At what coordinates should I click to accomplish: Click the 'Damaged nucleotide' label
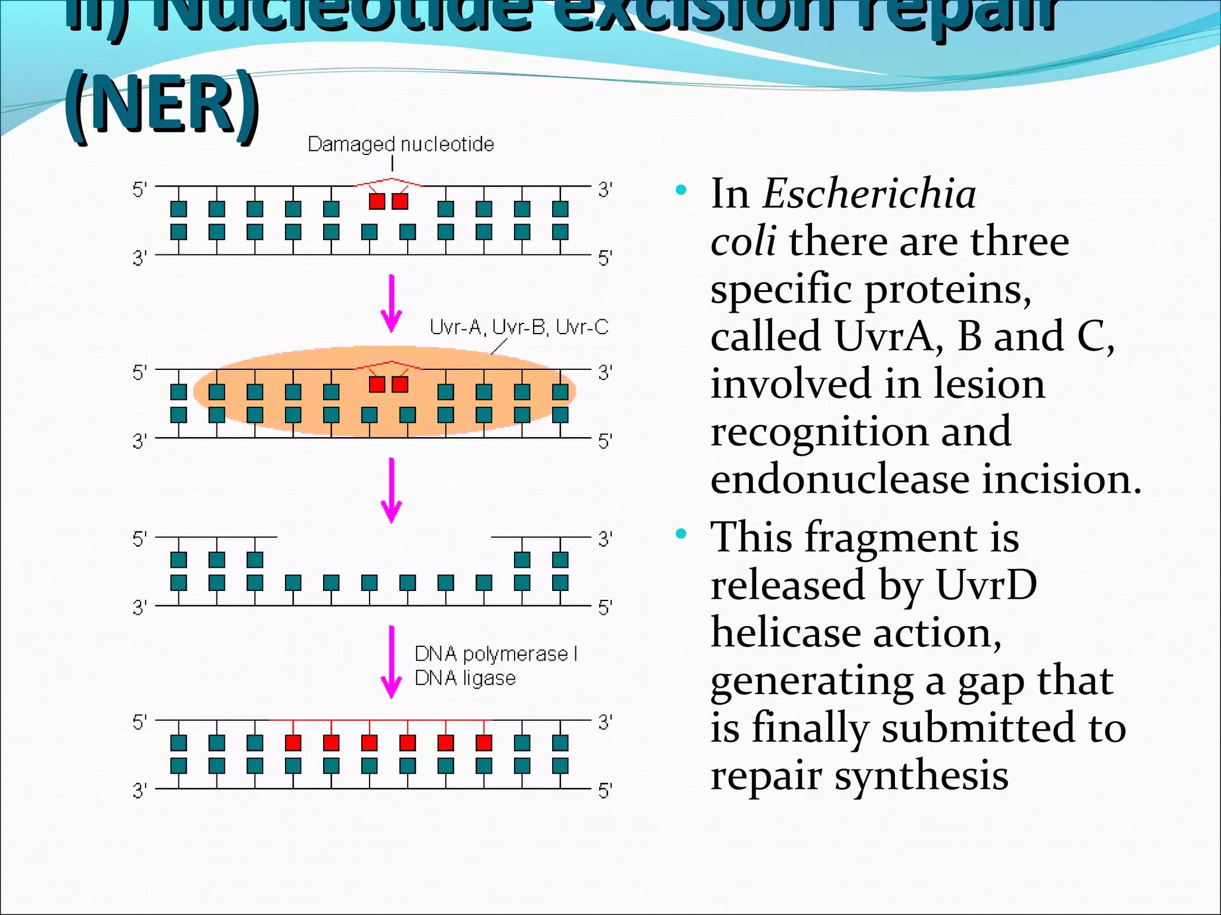[x=400, y=144]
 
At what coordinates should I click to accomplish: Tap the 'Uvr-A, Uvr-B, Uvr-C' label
[x=519, y=327]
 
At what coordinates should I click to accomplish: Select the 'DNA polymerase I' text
[x=495, y=654]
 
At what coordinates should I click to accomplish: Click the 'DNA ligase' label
[x=465, y=678]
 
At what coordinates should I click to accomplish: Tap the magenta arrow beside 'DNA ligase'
[x=392, y=661]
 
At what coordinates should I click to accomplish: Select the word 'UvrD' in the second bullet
[x=986, y=585]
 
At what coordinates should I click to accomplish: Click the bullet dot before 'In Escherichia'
[x=681, y=191]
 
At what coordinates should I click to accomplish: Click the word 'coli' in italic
[x=743, y=241]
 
